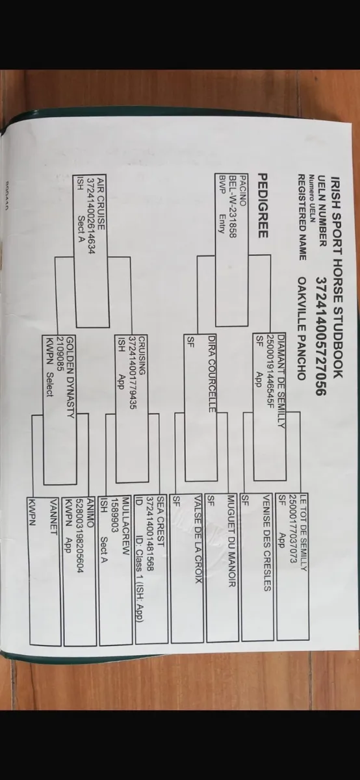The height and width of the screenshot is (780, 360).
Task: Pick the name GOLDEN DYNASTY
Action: (x=70, y=377)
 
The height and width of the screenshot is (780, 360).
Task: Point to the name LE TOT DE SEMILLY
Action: (x=303, y=533)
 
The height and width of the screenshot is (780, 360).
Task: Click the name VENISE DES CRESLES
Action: (x=267, y=543)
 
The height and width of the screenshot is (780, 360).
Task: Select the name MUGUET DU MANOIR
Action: (x=232, y=541)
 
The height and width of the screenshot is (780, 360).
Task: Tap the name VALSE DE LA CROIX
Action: (x=198, y=539)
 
